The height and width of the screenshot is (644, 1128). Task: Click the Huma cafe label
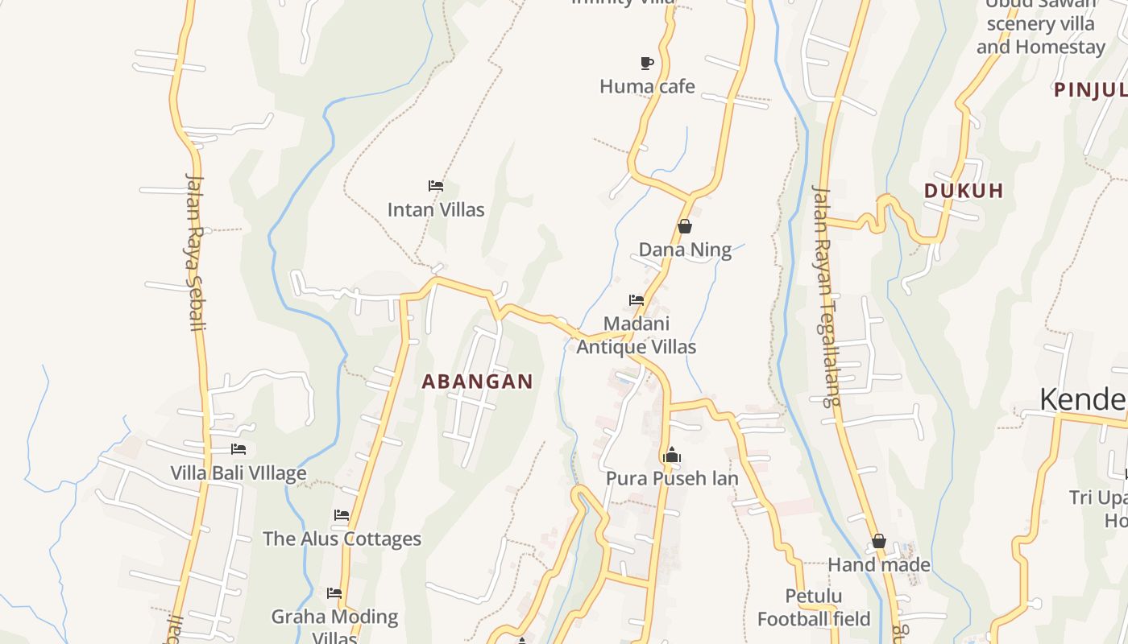point(647,86)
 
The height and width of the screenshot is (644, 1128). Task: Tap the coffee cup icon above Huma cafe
point(646,63)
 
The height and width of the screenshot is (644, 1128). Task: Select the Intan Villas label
point(436,210)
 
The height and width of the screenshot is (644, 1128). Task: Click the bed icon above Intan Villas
point(436,186)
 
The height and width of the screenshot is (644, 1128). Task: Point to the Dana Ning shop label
point(685,250)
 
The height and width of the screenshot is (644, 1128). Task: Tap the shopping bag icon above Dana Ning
point(685,227)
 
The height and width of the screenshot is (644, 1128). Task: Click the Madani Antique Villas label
point(637,335)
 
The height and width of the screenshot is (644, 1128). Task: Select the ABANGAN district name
point(478,382)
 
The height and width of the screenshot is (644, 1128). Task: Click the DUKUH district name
point(964,191)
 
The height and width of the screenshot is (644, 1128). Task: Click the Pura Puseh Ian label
point(672,478)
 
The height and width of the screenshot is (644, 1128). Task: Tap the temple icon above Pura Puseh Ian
point(672,456)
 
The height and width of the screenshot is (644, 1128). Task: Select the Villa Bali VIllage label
point(238,473)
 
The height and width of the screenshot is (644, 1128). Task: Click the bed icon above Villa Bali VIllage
point(238,449)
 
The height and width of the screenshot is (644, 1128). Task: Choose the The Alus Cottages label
point(342,539)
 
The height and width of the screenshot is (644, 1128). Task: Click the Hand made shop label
point(879,565)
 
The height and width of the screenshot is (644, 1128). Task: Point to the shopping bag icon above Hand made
point(879,542)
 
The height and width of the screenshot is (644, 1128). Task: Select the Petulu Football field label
point(814,607)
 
